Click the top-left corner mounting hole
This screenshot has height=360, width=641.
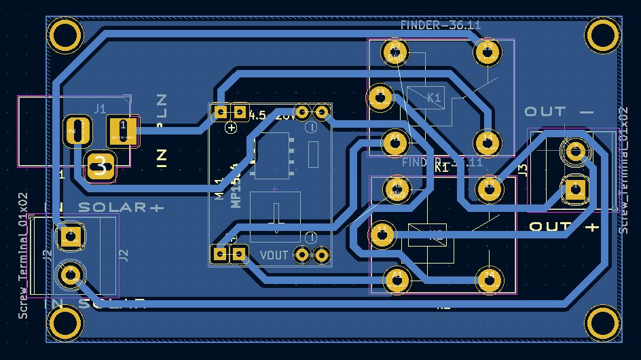click(x=66, y=35)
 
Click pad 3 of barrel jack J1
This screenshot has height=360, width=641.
click(x=100, y=166)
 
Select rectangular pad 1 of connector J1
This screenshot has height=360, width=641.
click(x=123, y=130)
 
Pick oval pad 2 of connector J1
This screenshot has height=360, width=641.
click(x=78, y=130)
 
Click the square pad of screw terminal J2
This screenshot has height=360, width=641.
click(x=70, y=236)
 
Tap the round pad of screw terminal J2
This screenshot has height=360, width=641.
click(x=70, y=275)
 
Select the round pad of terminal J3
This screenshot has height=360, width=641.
click(x=574, y=150)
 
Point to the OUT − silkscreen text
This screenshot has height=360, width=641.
click(x=558, y=111)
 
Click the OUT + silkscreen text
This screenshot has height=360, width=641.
click(x=564, y=226)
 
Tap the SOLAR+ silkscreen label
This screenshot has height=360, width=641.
click(x=121, y=207)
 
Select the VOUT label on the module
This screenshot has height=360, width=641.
click(x=274, y=255)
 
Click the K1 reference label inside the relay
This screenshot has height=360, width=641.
click(x=435, y=98)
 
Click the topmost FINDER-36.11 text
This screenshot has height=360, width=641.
click(x=440, y=26)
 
